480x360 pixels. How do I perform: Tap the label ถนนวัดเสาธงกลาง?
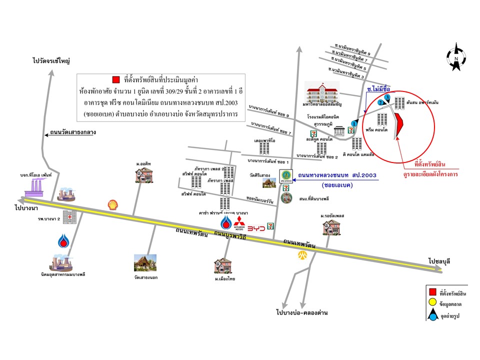(x=72, y=133)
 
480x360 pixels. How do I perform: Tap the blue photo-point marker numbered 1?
(x=354, y=123)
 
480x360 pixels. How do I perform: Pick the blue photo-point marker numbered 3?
(x=387, y=97)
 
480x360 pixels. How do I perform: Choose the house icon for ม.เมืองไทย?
(x=223, y=265)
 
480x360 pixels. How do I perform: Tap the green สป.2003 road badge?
(x=286, y=175)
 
